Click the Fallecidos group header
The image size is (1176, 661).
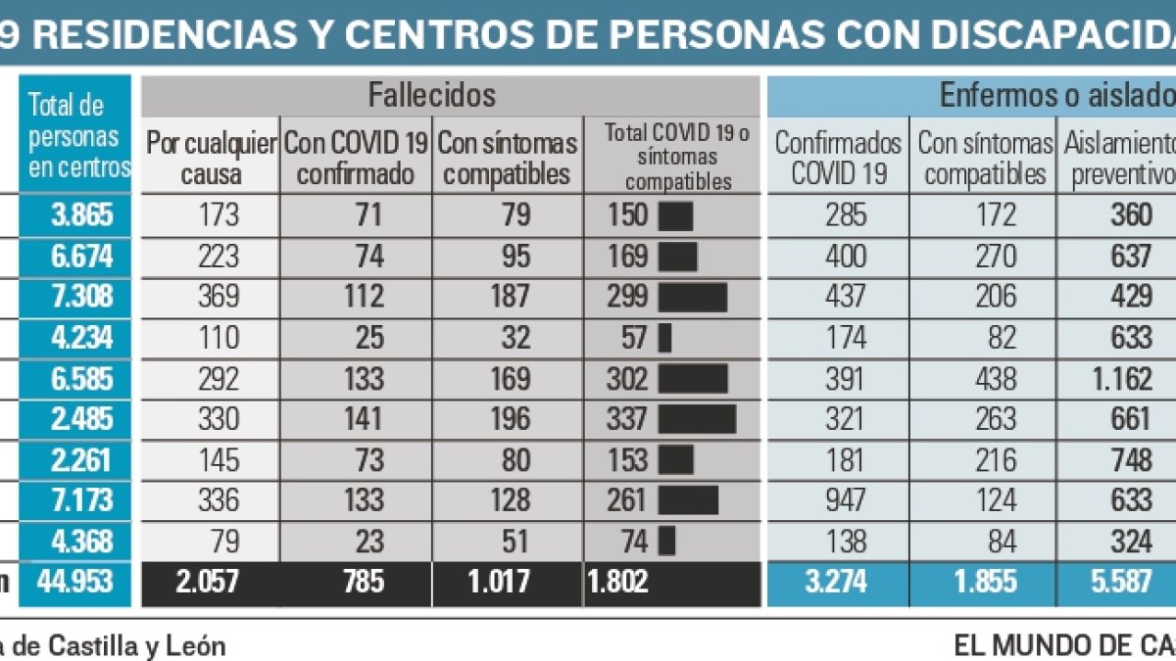[431, 95]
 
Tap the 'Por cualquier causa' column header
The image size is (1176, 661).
[212, 159]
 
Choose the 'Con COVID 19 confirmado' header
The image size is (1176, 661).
[356, 159]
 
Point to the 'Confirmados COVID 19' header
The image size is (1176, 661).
[838, 159]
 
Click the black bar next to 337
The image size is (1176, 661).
[697, 419]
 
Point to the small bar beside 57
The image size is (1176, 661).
[665, 338]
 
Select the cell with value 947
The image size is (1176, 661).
[845, 500]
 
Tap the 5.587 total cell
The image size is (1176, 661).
[1119, 582]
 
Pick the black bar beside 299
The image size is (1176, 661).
[693, 297]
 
